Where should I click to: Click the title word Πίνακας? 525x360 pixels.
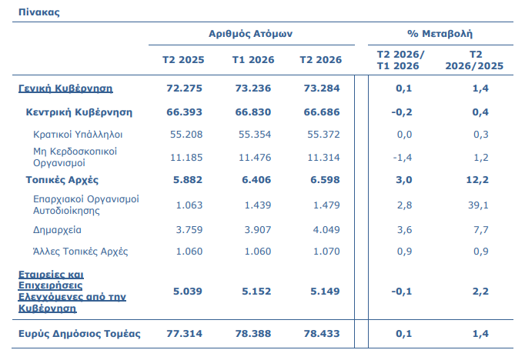pyautogui.click(x=38, y=12)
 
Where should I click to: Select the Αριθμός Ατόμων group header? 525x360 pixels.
pyautogui.click(x=250, y=34)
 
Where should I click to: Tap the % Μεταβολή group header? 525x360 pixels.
pyautogui.click(x=440, y=33)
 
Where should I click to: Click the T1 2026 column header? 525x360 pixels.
pyautogui.click(x=253, y=60)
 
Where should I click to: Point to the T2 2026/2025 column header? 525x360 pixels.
pyautogui.click(x=474, y=60)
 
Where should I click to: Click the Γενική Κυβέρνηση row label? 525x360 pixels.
pyautogui.click(x=65, y=88)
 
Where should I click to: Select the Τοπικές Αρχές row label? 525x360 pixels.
pyautogui.click(x=62, y=180)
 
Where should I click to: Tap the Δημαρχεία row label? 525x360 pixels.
pyautogui.click(x=57, y=230)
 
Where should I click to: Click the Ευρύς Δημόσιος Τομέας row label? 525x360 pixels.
pyautogui.click(x=79, y=334)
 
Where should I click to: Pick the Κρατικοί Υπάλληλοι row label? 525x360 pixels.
pyautogui.click(x=78, y=135)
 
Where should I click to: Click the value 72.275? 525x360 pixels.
pyautogui.click(x=184, y=88)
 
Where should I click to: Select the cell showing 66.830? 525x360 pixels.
pyautogui.click(x=252, y=112)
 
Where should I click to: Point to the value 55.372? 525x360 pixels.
pyautogui.click(x=323, y=135)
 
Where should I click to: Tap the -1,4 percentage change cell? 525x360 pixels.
pyautogui.click(x=402, y=158)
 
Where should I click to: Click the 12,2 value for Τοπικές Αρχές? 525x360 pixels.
pyautogui.click(x=477, y=180)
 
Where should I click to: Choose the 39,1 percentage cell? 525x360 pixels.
pyautogui.click(x=478, y=205)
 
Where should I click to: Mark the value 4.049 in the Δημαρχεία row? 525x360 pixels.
pyautogui.click(x=326, y=230)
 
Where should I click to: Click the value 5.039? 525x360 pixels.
pyautogui.click(x=188, y=292)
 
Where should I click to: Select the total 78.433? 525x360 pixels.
pyautogui.click(x=322, y=334)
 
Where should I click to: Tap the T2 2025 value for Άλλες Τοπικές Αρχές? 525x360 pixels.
pyautogui.click(x=189, y=252)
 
